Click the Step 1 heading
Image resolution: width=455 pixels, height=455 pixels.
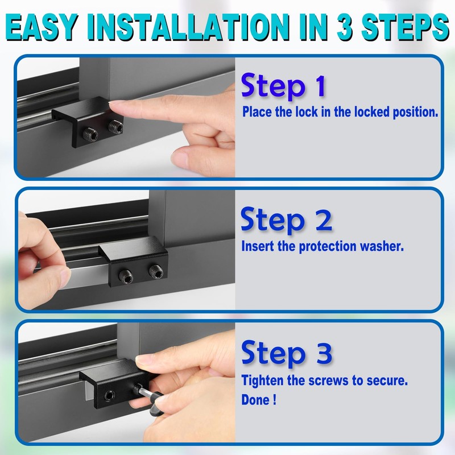coord(283,87)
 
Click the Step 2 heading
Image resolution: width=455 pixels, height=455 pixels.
coord(286,220)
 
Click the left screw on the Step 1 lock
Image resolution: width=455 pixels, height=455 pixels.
coord(89,134)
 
